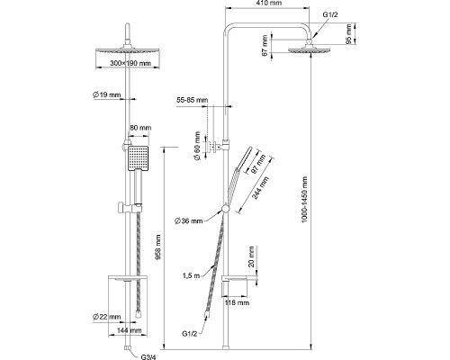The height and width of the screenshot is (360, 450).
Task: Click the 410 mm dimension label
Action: click(269, 4)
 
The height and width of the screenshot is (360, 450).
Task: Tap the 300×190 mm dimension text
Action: click(130, 63)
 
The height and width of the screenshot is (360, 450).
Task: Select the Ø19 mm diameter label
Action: click(106, 94)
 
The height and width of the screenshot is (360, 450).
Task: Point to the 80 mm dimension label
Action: click(140, 128)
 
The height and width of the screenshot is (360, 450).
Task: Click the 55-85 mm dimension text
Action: click(192, 100)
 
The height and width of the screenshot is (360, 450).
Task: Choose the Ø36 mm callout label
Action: click(189, 221)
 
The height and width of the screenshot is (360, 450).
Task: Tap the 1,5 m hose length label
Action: click(191, 275)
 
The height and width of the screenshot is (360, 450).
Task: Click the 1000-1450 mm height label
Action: click(305, 200)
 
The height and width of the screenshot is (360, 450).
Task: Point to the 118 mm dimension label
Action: click(237, 302)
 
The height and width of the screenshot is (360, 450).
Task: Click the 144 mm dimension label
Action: click(129, 330)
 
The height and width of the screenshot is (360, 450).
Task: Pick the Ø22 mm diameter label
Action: click(107, 317)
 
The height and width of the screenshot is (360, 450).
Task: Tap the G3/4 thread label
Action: click(148, 357)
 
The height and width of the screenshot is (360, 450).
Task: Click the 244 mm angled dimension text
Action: click(260, 188)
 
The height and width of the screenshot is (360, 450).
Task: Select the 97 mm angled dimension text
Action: click(258, 164)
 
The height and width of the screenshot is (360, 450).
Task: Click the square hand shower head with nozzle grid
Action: click(139, 158)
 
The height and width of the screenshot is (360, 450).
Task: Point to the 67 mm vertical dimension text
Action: click(265, 46)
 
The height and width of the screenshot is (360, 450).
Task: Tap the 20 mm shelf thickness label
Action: click(251, 256)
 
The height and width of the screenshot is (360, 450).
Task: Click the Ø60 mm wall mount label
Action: click(197, 146)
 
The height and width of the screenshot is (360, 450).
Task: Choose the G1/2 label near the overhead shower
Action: click(330, 14)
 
